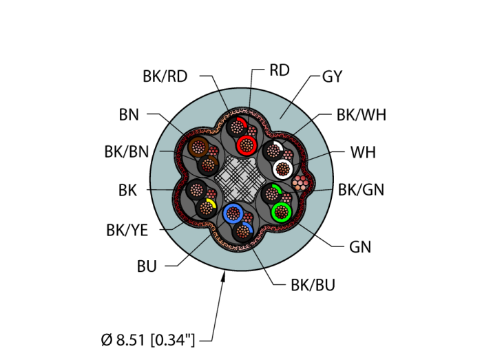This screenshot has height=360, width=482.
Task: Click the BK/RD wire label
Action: click(165, 76)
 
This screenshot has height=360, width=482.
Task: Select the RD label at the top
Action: click(279, 70)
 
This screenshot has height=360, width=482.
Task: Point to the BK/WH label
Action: click(361, 115)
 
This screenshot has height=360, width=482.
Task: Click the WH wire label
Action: click(363, 152)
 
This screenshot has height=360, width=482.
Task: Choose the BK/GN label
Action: click(361, 189)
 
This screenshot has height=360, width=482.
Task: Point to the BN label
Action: click(129, 115)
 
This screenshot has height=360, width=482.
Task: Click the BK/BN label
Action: click(126, 152)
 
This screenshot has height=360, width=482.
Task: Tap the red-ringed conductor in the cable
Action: click(245, 145)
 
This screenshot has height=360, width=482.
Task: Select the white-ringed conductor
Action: click(282, 168)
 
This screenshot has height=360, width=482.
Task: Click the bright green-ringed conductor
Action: click(281, 211)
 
